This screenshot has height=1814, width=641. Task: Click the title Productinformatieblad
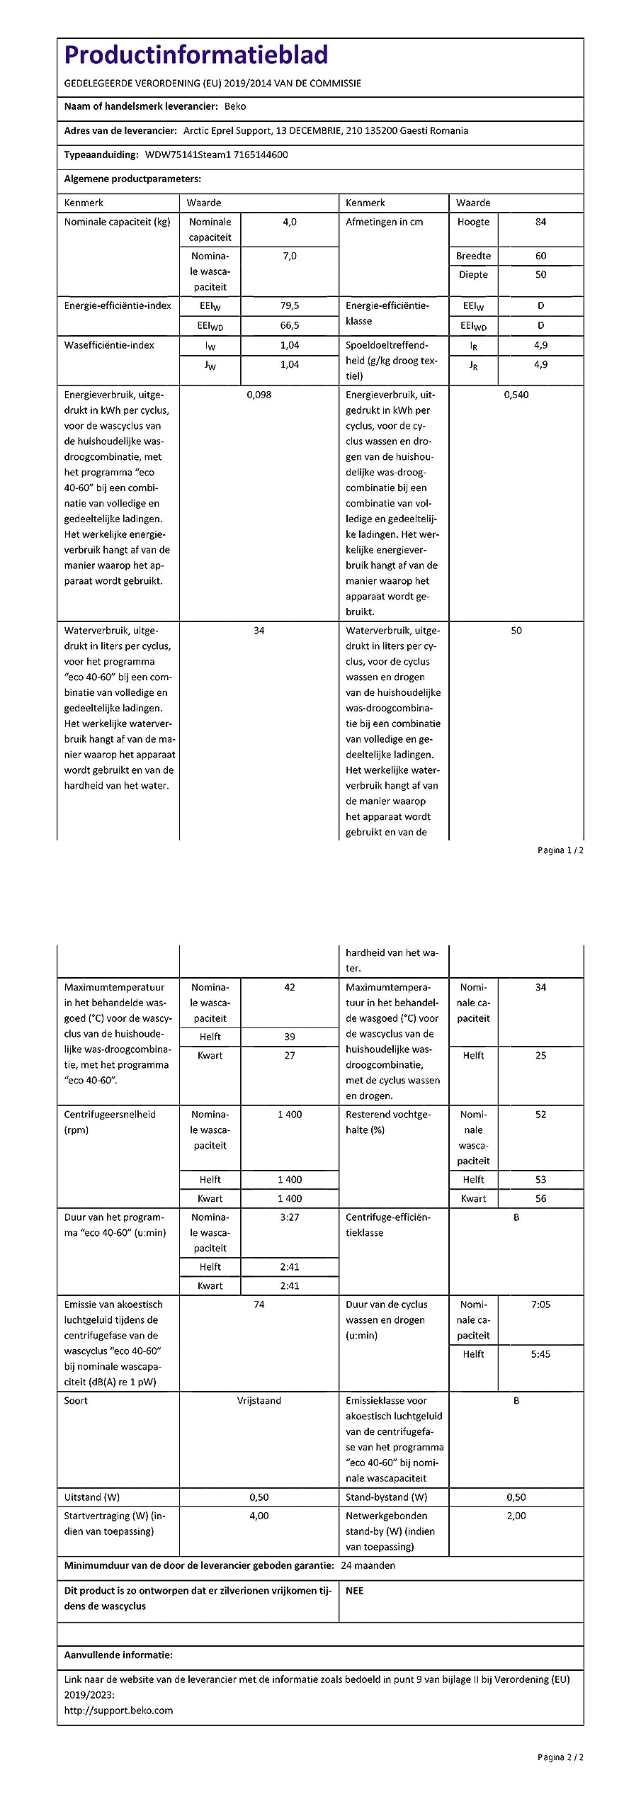coord(196,55)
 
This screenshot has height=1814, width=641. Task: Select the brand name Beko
coord(235,106)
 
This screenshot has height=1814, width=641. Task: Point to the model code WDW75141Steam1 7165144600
coord(217,154)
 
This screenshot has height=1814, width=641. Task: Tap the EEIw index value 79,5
coord(290,305)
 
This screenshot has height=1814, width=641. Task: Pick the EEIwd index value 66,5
coord(290,325)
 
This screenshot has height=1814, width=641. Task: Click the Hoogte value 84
coord(540,222)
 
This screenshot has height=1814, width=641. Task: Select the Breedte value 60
coord(540,256)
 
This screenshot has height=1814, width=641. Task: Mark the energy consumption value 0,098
coord(259,395)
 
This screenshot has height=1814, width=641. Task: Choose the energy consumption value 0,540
coord(516,395)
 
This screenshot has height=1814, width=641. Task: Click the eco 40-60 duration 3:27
coord(290,1217)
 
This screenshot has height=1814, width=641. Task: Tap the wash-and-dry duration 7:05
coord(540,1305)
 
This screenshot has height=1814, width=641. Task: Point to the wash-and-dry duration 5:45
coord(540,1354)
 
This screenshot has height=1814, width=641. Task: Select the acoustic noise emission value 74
coord(259,1305)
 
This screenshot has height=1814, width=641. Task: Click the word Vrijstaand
coord(259,1401)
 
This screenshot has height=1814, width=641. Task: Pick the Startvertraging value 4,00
coord(259,1516)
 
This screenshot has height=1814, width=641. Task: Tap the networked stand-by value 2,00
coord(516,1516)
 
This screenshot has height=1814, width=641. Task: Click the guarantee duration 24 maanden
coord(368,1565)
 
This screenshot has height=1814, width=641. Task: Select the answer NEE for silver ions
coord(354,1591)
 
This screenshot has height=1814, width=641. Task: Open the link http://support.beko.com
coord(118,1711)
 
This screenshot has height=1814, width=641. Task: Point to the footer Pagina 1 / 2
coord(560,850)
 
